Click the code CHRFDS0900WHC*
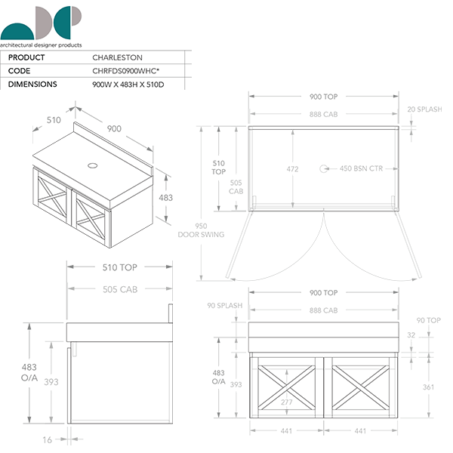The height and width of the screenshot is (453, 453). (x=129, y=71)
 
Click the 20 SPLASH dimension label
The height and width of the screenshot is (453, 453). (x=424, y=109)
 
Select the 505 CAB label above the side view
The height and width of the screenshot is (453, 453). (x=119, y=289)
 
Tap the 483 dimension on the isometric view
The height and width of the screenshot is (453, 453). (x=165, y=197)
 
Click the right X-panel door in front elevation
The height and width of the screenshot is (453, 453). (x=360, y=384)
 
